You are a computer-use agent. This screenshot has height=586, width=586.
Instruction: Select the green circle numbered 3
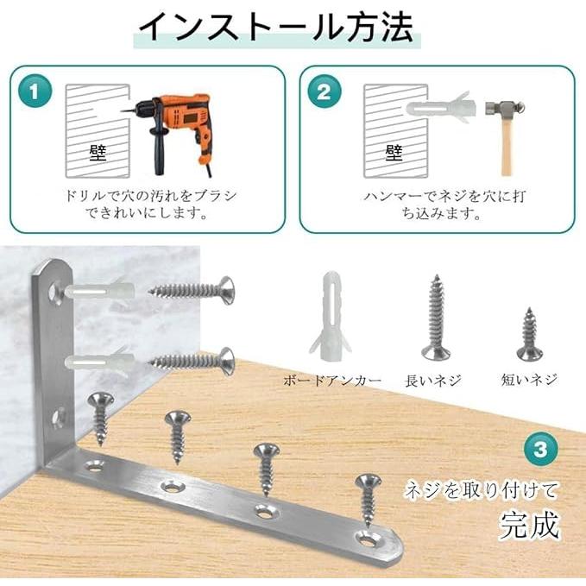(x=540, y=449)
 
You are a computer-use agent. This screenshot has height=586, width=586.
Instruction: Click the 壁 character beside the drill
(x=98, y=154)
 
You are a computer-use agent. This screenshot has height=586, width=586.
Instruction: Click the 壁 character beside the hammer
(x=394, y=153)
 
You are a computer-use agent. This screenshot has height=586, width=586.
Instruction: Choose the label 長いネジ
(x=434, y=380)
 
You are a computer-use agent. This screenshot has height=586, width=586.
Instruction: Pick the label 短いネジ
(x=529, y=380)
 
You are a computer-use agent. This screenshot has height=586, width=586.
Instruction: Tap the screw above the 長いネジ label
(x=435, y=318)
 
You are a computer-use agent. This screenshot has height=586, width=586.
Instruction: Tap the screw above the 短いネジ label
(x=528, y=335)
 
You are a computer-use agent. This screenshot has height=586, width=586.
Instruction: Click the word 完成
(x=530, y=524)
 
